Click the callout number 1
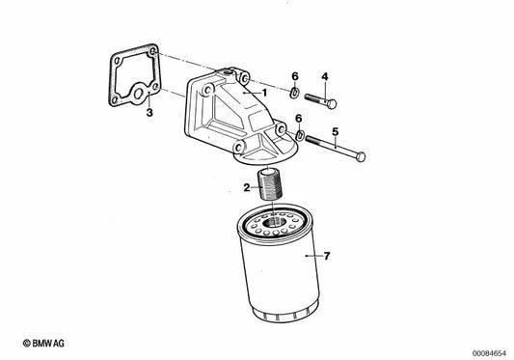(265, 94)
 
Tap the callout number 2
(247, 188)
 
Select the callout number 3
(149, 113)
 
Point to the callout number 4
(325, 77)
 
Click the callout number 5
(335, 132)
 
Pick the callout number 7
(327, 256)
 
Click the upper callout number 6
(295, 76)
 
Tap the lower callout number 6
(298, 119)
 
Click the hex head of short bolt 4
(331, 104)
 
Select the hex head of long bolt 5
(361, 156)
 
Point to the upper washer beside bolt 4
(294, 93)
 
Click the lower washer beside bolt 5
(300, 135)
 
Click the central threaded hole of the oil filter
(273, 222)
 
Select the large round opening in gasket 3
(139, 94)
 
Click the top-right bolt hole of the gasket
(152, 52)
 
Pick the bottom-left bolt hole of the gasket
(114, 100)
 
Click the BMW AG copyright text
(43, 344)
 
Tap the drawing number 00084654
(489, 353)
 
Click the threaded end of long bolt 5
(314, 141)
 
